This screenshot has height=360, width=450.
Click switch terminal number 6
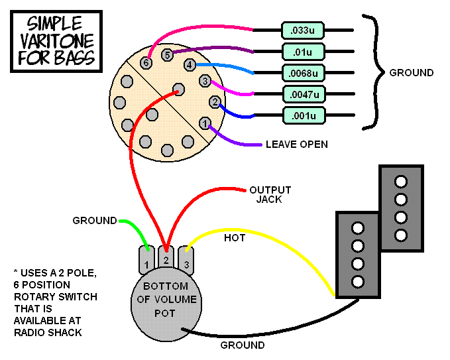tap(147, 63)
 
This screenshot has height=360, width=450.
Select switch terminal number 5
tap(168, 54)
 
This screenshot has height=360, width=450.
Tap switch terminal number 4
tap(190, 65)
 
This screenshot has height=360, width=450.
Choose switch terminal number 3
tap(205, 81)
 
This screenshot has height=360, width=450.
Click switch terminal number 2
tap(214, 101)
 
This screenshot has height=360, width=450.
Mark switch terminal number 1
tap(205, 123)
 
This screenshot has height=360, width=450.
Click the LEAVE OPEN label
tap(296, 144)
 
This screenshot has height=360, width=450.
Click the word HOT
tap(234, 237)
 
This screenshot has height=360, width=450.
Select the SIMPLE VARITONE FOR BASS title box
tap(56, 40)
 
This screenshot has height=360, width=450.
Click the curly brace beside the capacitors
tap(371, 72)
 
